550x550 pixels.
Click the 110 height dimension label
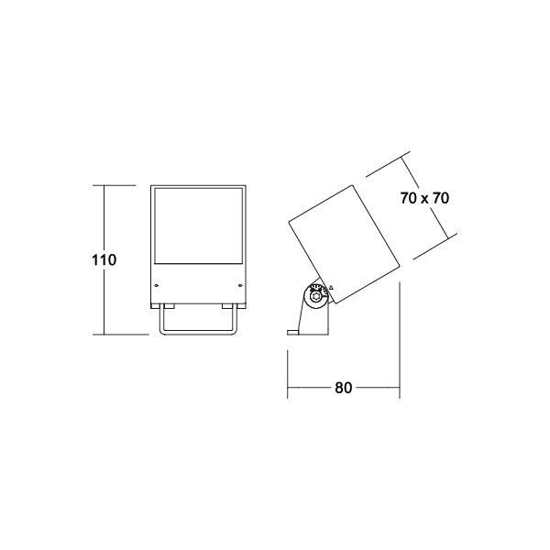(x=104, y=259)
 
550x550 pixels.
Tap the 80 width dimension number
(x=344, y=388)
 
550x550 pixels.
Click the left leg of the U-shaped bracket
(x=160, y=319)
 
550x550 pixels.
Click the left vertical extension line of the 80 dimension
(x=289, y=367)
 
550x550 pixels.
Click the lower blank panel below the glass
(x=198, y=285)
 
